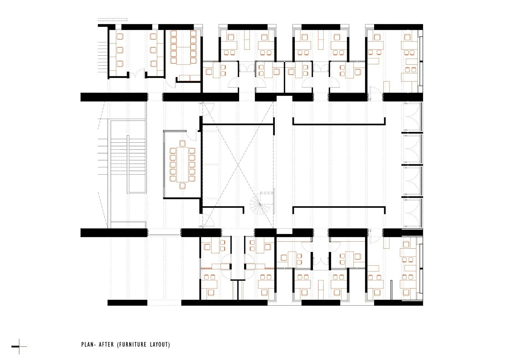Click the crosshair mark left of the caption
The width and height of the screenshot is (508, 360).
[x=19, y=347]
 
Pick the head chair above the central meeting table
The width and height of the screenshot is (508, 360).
[x=182, y=144]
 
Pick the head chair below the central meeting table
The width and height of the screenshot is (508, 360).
[x=182, y=186]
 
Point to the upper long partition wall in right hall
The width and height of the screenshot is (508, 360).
[x=339, y=124]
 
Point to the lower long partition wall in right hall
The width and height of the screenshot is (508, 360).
[x=339, y=207]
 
